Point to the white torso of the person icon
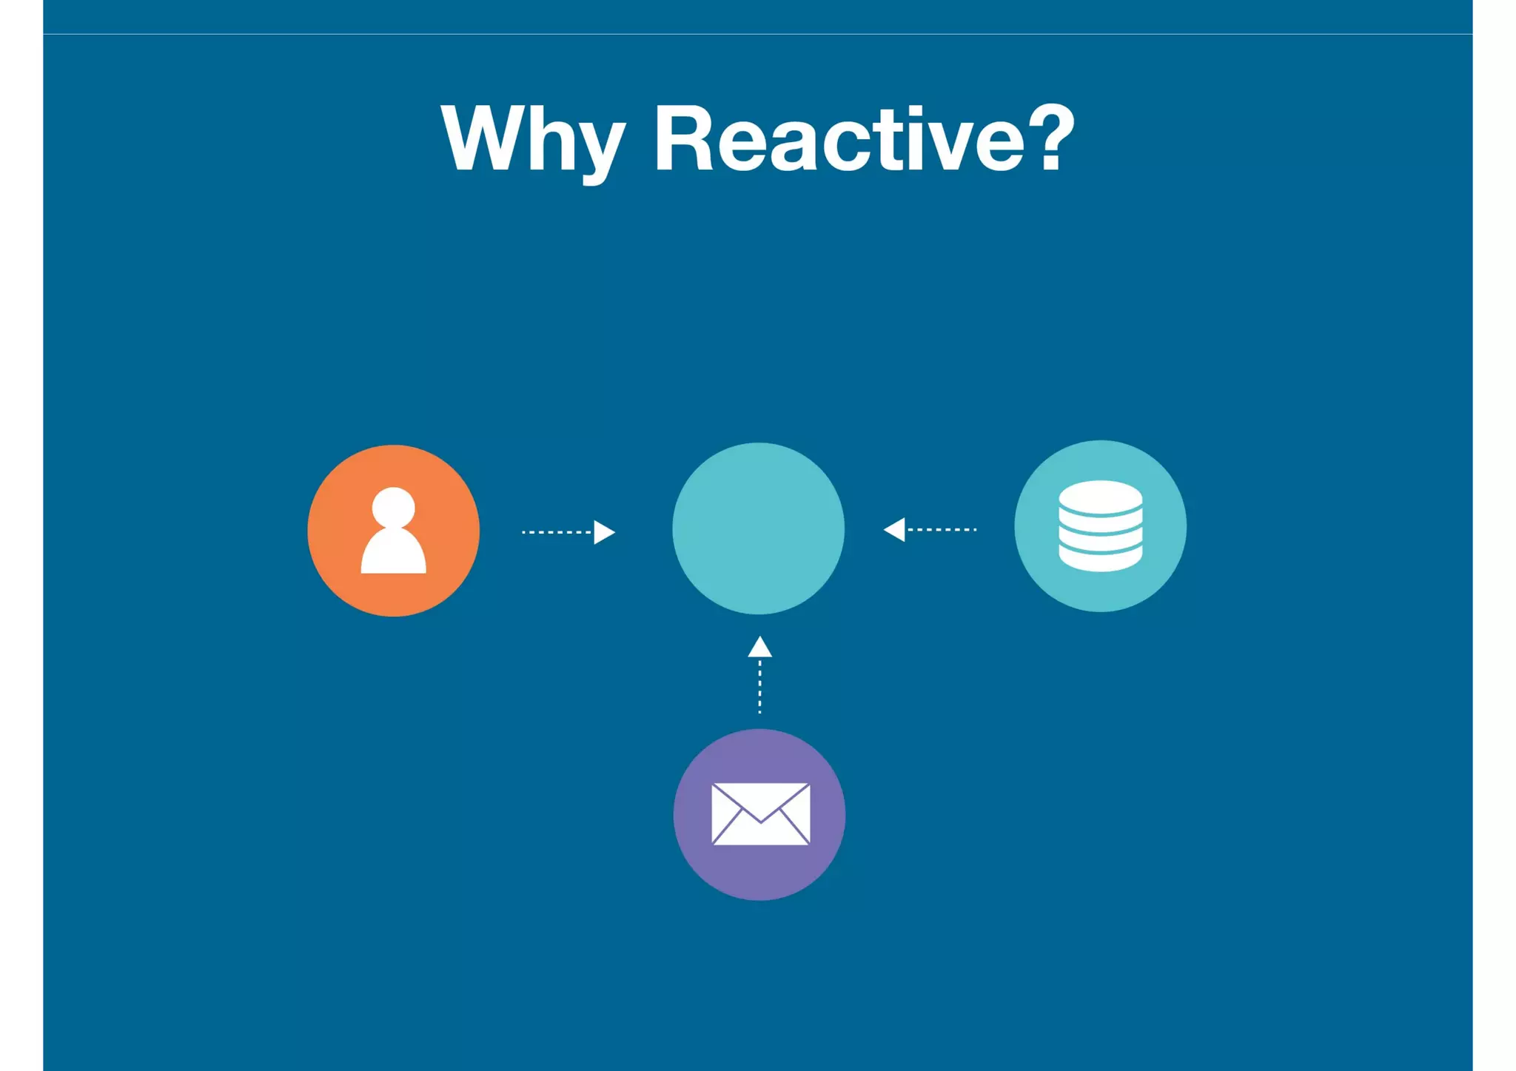click(x=393, y=553)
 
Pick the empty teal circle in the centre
click(x=758, y=528)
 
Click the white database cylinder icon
click(x=1100, y=526)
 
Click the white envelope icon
click(x=760, y=813)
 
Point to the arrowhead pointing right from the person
click(x=604, y=532)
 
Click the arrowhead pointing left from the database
click(x=895, y=529)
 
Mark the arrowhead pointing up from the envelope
click(x=759, y=648)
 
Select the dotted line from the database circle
click(x=942, y=529)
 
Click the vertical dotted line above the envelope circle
click(x=759, y=687)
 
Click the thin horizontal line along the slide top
click(x=758, y=34)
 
